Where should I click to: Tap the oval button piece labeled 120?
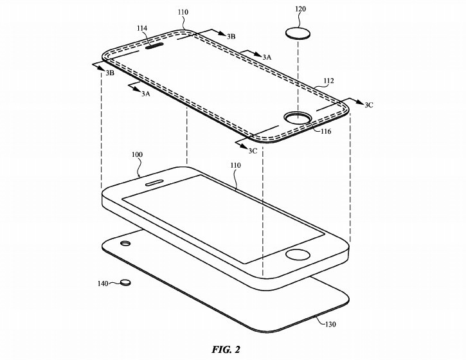(296, 33)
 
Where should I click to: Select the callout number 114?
(141, 29)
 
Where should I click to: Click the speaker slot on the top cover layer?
(156, 46)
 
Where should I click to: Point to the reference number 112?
(328, 82)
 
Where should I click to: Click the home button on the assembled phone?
(296, 254)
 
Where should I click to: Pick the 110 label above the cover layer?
(183, 12)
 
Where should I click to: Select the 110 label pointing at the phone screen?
(235, 166)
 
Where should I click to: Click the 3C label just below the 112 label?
(368, 104)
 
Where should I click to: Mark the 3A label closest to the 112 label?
(266, 57)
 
